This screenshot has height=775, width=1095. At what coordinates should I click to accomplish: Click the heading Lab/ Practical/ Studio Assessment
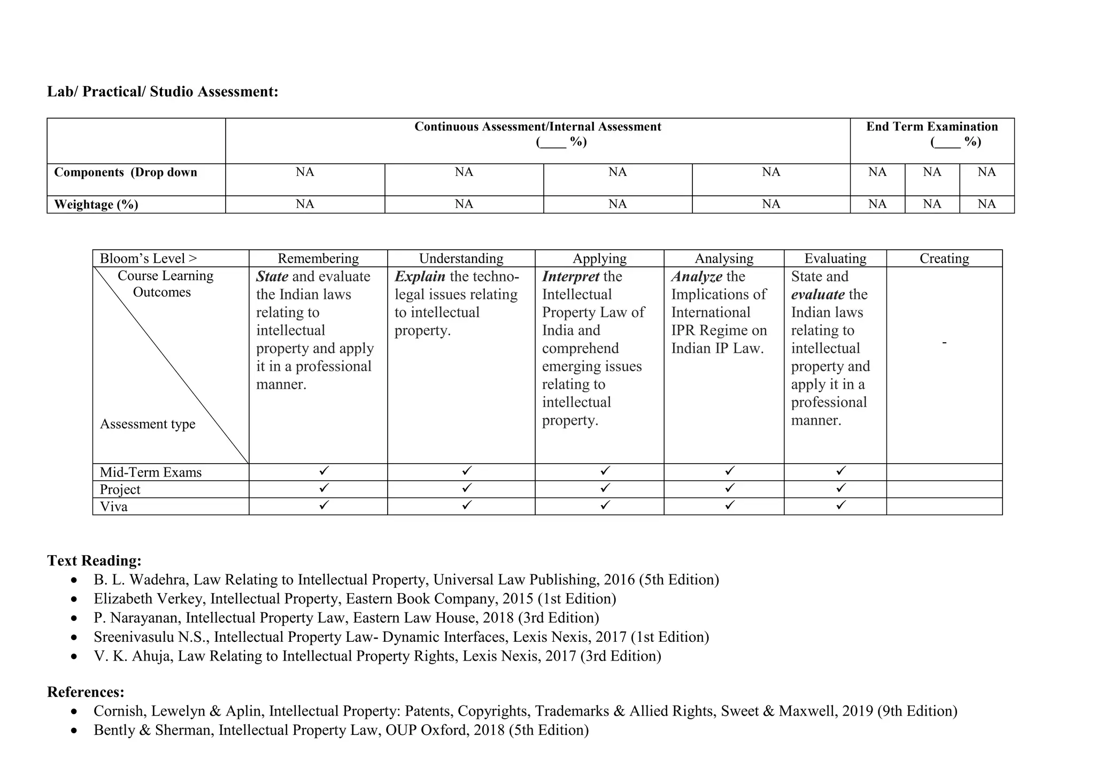(163, 92)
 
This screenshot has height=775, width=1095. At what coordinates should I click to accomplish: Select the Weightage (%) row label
(96, 205)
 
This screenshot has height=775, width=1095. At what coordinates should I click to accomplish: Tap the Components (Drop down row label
(126, 172)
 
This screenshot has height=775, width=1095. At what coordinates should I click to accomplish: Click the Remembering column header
(318, 258)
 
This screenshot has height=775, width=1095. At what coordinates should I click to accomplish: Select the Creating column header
(944, 258)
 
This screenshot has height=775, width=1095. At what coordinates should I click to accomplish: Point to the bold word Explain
(420, 277)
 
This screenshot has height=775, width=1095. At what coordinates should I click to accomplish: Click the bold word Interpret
(570, 277)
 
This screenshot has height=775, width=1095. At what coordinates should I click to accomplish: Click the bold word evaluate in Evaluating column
(818, 295)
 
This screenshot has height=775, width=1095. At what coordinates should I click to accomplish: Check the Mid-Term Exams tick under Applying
(605, 471)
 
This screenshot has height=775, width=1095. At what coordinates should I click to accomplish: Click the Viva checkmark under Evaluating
(840, 504)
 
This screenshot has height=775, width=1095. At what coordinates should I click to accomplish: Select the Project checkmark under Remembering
(323, 488)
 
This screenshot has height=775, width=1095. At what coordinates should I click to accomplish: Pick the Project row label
(120, 489)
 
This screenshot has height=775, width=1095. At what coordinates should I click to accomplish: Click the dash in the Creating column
(944, 342)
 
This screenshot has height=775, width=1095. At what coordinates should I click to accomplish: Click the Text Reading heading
(94, 561)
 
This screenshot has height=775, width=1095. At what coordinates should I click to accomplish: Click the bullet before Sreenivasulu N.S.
(74, 638)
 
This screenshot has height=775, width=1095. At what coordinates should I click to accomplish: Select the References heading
(86, 692)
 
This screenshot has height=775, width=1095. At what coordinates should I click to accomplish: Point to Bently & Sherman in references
(153, 730)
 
